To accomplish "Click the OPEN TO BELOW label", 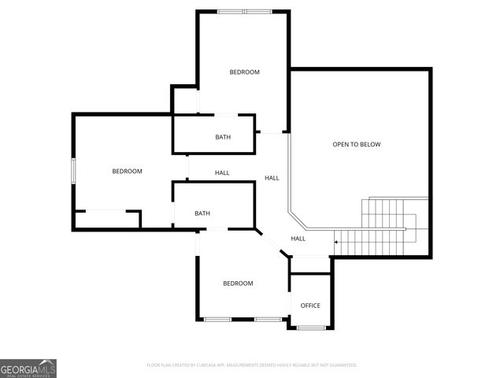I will [x=356, y=144].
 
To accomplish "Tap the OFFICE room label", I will [x=310, y=306].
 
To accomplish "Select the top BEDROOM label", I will [x=244, y=72].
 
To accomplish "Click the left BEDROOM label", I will [x=127, y=172].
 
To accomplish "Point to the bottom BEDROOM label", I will [x=238, y=283].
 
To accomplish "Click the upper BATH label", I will [x=223, y=138].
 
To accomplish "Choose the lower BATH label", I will [x=202, y=213].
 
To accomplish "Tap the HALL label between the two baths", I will [x=222, y=173].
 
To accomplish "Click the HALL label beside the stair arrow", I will [x=298, y=239].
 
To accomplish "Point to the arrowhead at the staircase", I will [x=336, y=241].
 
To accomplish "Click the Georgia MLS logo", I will [x=28, y=368].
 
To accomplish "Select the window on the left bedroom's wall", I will [x=73, y=172].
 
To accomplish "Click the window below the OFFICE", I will [x=310, y=327].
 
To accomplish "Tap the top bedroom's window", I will [x=244, y=11].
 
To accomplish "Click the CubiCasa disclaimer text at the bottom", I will [x=252, y=365].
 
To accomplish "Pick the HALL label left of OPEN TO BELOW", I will [x=272, y=178].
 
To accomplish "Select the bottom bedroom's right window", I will [x=268, y=319].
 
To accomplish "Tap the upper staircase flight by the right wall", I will [x=386, y=212].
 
